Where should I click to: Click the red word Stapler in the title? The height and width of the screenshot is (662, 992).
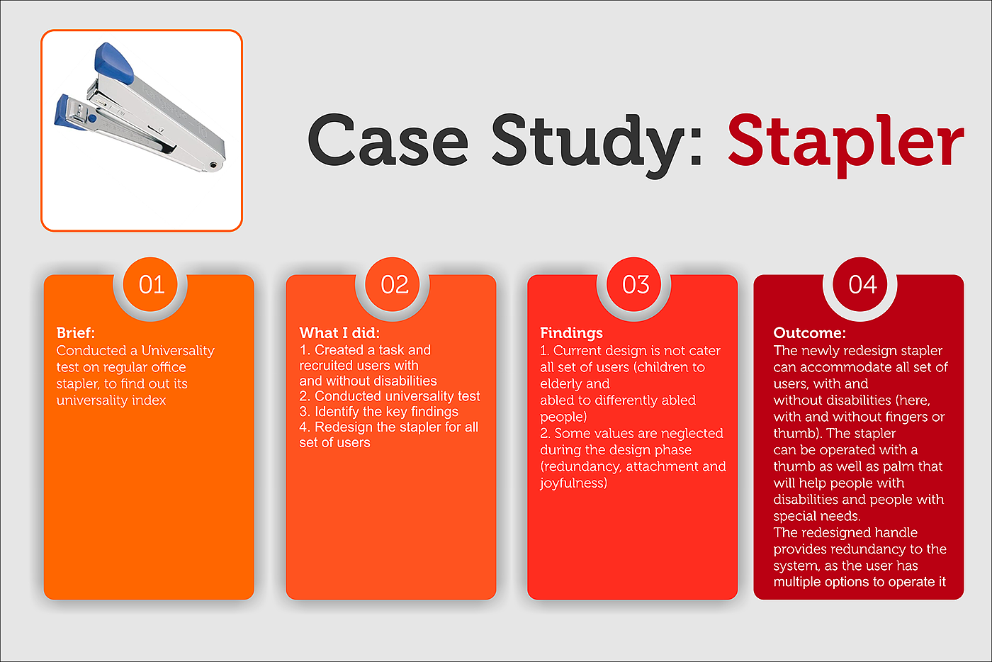tap(846, 144)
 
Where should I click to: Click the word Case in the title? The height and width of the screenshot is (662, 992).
tap(388, 140)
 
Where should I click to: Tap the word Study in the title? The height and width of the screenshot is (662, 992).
tap(597, 145)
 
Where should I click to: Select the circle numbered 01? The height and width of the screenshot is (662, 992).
tap(150, 284)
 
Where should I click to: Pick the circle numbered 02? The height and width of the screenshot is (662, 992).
tap(393, 284)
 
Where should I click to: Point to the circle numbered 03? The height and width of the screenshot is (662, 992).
tap(635, 284)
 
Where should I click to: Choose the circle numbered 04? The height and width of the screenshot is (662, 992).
tap(860, 284)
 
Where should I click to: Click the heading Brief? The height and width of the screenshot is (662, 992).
tap(76, 333)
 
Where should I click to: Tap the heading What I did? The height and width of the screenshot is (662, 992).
tap(339, 333)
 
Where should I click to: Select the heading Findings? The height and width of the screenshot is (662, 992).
tap(571, 333)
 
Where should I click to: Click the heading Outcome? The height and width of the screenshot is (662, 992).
tap(809, 333)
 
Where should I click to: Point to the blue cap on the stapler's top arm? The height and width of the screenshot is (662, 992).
tap(113, 63)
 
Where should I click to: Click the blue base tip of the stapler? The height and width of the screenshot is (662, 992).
tap(67, 113)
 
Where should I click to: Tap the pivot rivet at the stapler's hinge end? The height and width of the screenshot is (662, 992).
tap(213, 165)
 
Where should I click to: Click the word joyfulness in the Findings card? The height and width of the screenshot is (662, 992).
tap(573, 483)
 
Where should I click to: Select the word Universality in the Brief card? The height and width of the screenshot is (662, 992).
tap(178, 351)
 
